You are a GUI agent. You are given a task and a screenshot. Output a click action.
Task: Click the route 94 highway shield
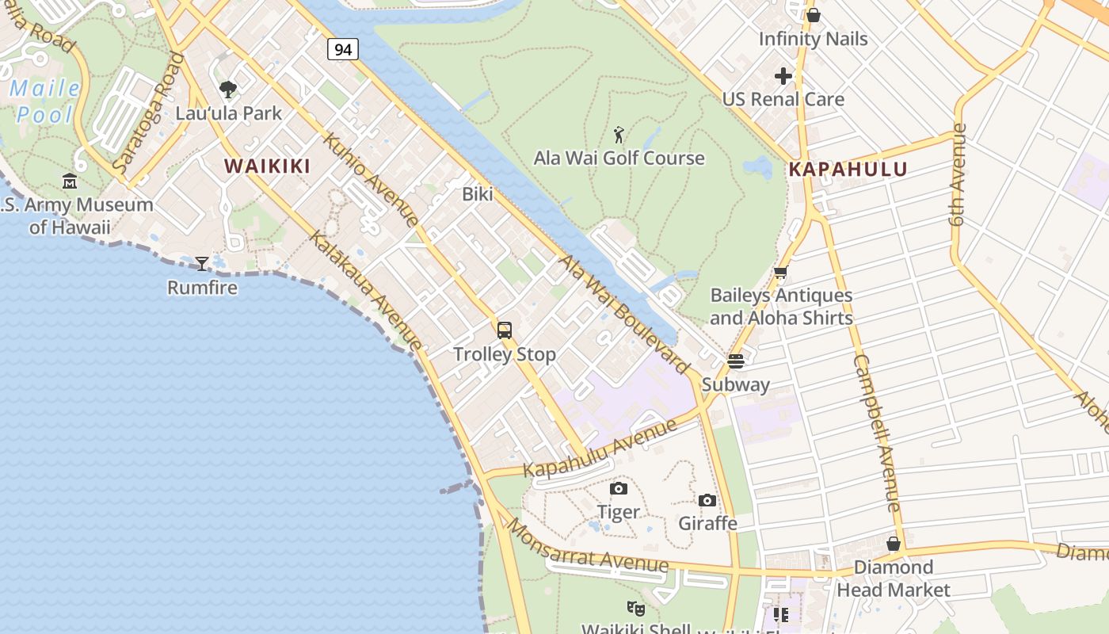click(x=342, y=49)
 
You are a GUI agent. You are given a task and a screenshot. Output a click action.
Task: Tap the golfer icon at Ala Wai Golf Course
click(x=619, y=134)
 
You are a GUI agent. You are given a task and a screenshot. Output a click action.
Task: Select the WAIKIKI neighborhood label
click(x=267, y=166)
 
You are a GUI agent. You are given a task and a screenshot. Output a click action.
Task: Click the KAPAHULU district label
click(x=848, y=170)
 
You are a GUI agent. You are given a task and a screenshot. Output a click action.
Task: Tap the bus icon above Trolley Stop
click(x=505, y=330)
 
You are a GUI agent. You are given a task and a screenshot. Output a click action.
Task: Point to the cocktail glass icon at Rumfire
click(x=202, y=263)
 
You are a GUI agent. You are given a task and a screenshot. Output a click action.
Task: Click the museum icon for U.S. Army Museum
click(x=70, y=181)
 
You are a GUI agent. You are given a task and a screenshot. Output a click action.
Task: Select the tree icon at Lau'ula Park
click(x=228, y=89)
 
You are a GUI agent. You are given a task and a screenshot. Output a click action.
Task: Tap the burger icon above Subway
click(x=735, y=361)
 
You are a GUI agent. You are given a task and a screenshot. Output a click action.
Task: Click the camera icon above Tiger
click(x=619, y=488)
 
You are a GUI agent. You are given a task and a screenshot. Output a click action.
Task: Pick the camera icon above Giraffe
click(x=707, y=500)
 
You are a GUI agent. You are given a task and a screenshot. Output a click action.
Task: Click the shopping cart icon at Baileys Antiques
click(x=780, y=273)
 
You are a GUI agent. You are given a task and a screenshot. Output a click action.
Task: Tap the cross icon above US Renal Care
click(x=783, y=76)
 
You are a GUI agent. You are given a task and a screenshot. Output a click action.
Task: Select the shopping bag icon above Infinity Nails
click(x=813, y=15)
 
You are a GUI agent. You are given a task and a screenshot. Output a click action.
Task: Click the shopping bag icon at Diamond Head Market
click(x=893, y=544)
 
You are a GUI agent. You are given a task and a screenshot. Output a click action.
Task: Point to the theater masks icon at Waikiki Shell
click(x=635, y=608)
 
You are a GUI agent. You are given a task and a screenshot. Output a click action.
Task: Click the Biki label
click(x=478, y=194)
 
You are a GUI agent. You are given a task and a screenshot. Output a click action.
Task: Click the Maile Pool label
click(x=44, y=101)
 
